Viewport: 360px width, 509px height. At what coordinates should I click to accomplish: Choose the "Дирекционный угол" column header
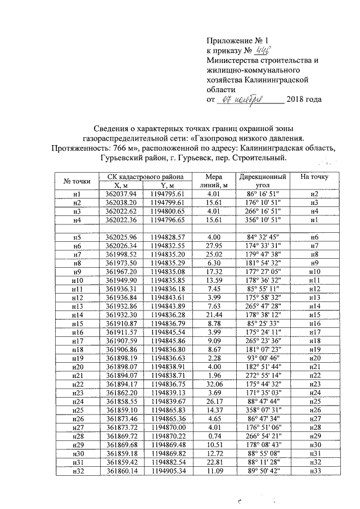point(261,181)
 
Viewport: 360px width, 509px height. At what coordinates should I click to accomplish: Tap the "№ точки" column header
point(77,181)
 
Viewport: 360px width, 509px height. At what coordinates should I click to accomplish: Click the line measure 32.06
point(213,368)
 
